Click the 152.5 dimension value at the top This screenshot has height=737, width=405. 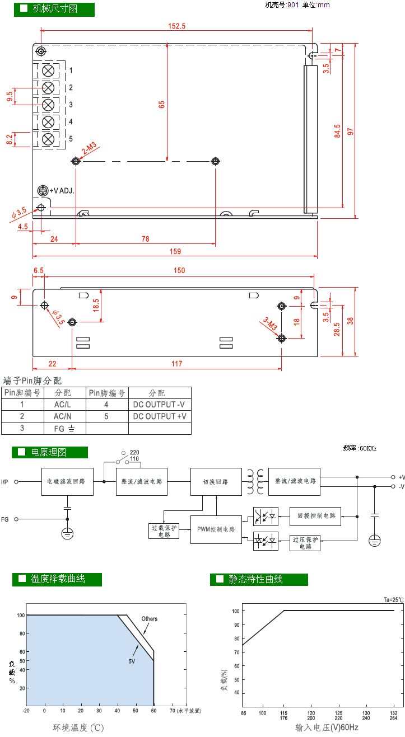[176, 26]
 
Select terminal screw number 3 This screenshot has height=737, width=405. [49, 105]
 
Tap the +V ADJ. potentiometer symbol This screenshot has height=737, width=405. [42, 190]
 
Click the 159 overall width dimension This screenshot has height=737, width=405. [175, 251]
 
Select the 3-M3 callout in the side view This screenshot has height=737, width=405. [270, 324]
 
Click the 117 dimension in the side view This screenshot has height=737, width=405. [177, 364]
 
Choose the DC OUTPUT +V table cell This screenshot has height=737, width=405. [160, 416]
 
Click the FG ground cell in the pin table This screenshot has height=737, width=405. [65, 429]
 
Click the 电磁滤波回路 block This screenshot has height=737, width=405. [67, 481]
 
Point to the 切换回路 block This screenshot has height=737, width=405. [216, 481]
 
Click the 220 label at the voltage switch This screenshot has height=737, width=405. [134, 452]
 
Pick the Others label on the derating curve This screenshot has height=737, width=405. [150, 619]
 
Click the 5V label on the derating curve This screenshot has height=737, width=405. [132, 661]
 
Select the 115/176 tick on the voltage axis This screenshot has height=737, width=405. [283, 716]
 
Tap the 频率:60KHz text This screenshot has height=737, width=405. [360, 448]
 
